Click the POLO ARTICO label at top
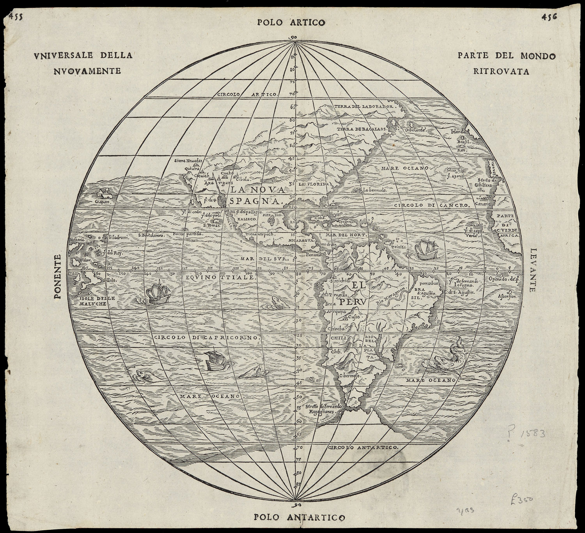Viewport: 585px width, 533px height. pos(291,23)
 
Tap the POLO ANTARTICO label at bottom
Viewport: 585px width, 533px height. pos(300,517)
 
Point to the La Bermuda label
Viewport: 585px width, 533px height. pos(374,190)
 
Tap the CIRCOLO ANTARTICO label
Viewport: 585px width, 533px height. pos(363,448)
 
